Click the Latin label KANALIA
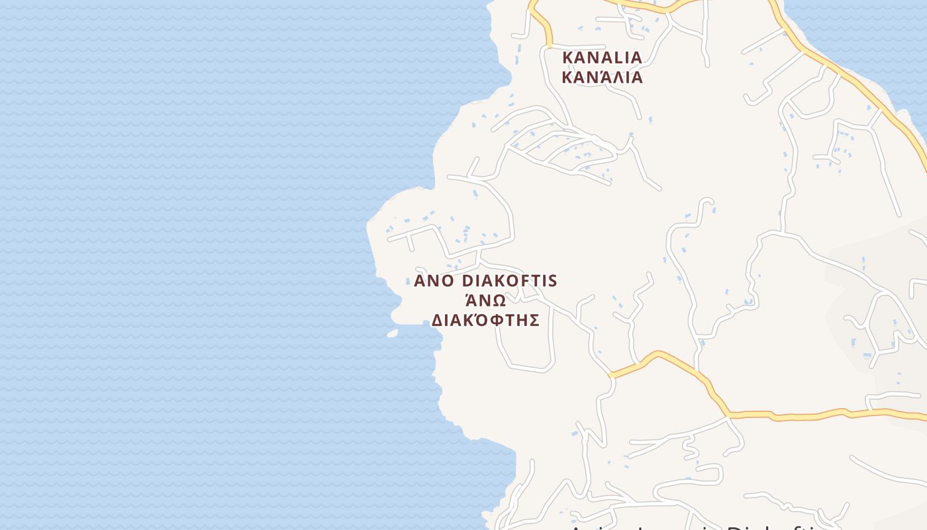coord(602,58)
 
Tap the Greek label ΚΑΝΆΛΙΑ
coord(602,78)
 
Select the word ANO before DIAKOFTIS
coord(434,281)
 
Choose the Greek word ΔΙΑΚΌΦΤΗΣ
coord(485,321)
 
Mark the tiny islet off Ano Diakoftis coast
coord(393,333)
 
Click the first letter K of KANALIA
coord(567,58)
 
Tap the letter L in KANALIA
coord(613,58)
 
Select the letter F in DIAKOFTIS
coord(526,281)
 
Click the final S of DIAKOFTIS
coord(553,281)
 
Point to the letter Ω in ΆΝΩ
coord(499,301)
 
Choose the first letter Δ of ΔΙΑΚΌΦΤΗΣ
coord(437,321)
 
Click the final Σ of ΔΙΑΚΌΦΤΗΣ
coord(534,321)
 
